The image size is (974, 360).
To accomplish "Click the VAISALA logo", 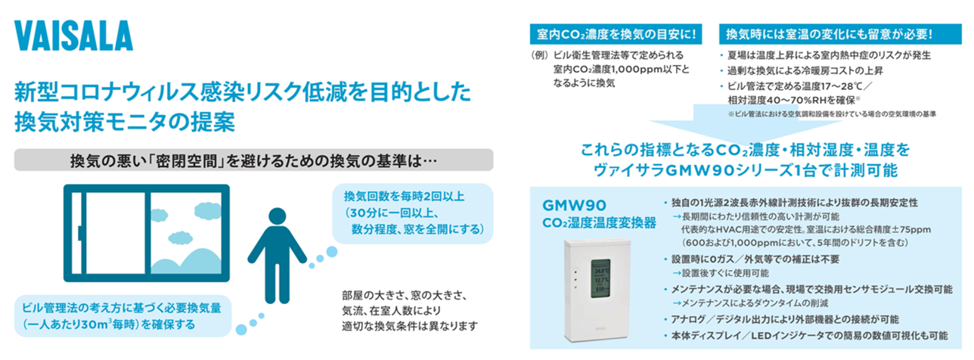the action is [x=73, y=36].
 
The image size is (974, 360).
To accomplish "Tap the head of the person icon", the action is [x=277, y=216].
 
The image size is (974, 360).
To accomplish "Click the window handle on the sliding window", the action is [x=81, y=233].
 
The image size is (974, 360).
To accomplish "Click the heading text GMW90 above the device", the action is [x=575, y=205].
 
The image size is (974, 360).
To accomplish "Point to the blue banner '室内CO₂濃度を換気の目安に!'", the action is [x=616, y=34].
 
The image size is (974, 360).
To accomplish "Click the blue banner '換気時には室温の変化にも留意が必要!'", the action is [x=840, y=34].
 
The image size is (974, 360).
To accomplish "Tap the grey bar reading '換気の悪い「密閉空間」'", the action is [x=253, y=160].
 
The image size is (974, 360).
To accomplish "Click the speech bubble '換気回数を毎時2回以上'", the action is [x=413, y=213].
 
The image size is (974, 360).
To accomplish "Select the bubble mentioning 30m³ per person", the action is [x=123, y=316].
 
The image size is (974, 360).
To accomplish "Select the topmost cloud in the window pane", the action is [x=207, y=210].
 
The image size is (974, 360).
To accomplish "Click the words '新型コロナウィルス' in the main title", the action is [x=107, y=92].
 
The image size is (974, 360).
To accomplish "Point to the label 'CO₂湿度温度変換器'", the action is [x=599, y=223].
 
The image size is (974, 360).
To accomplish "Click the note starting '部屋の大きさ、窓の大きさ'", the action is [x=410, y=310].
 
